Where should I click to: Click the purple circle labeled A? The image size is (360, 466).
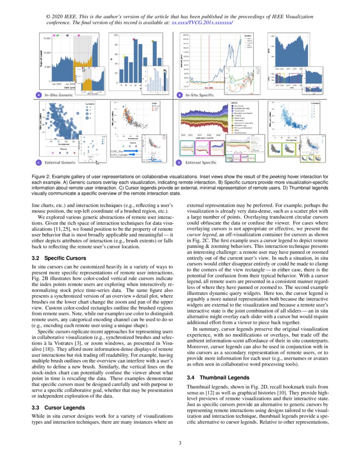pyautogui.click(x=39, y=95)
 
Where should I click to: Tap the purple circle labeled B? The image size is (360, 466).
pyautogui.click(x=180, y=95)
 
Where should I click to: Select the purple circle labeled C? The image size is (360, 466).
pyautogui.click(x=39, y=162)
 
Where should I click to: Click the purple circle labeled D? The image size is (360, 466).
pyautogui.click(x=180, y=162)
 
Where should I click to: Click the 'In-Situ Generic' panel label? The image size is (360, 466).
pyautogui.click(x=59, y=95)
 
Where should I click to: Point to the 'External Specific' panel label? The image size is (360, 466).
pyautogui.click(x=201, y=162)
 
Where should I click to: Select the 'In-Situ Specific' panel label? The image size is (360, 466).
pyautogui.click(x=199, y=95)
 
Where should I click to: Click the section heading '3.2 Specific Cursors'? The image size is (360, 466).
pyautogui.click(x=59, y=258)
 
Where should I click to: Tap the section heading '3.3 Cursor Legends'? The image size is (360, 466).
pyautogui.click(x=58, y=408)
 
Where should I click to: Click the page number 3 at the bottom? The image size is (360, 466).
pyautogui.click(x=180, y=444)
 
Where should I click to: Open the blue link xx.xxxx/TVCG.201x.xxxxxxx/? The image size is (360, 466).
pyautogui.click(x=202, y=23)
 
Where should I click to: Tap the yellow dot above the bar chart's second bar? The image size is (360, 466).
pyautogui.click(x=124, y=56)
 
